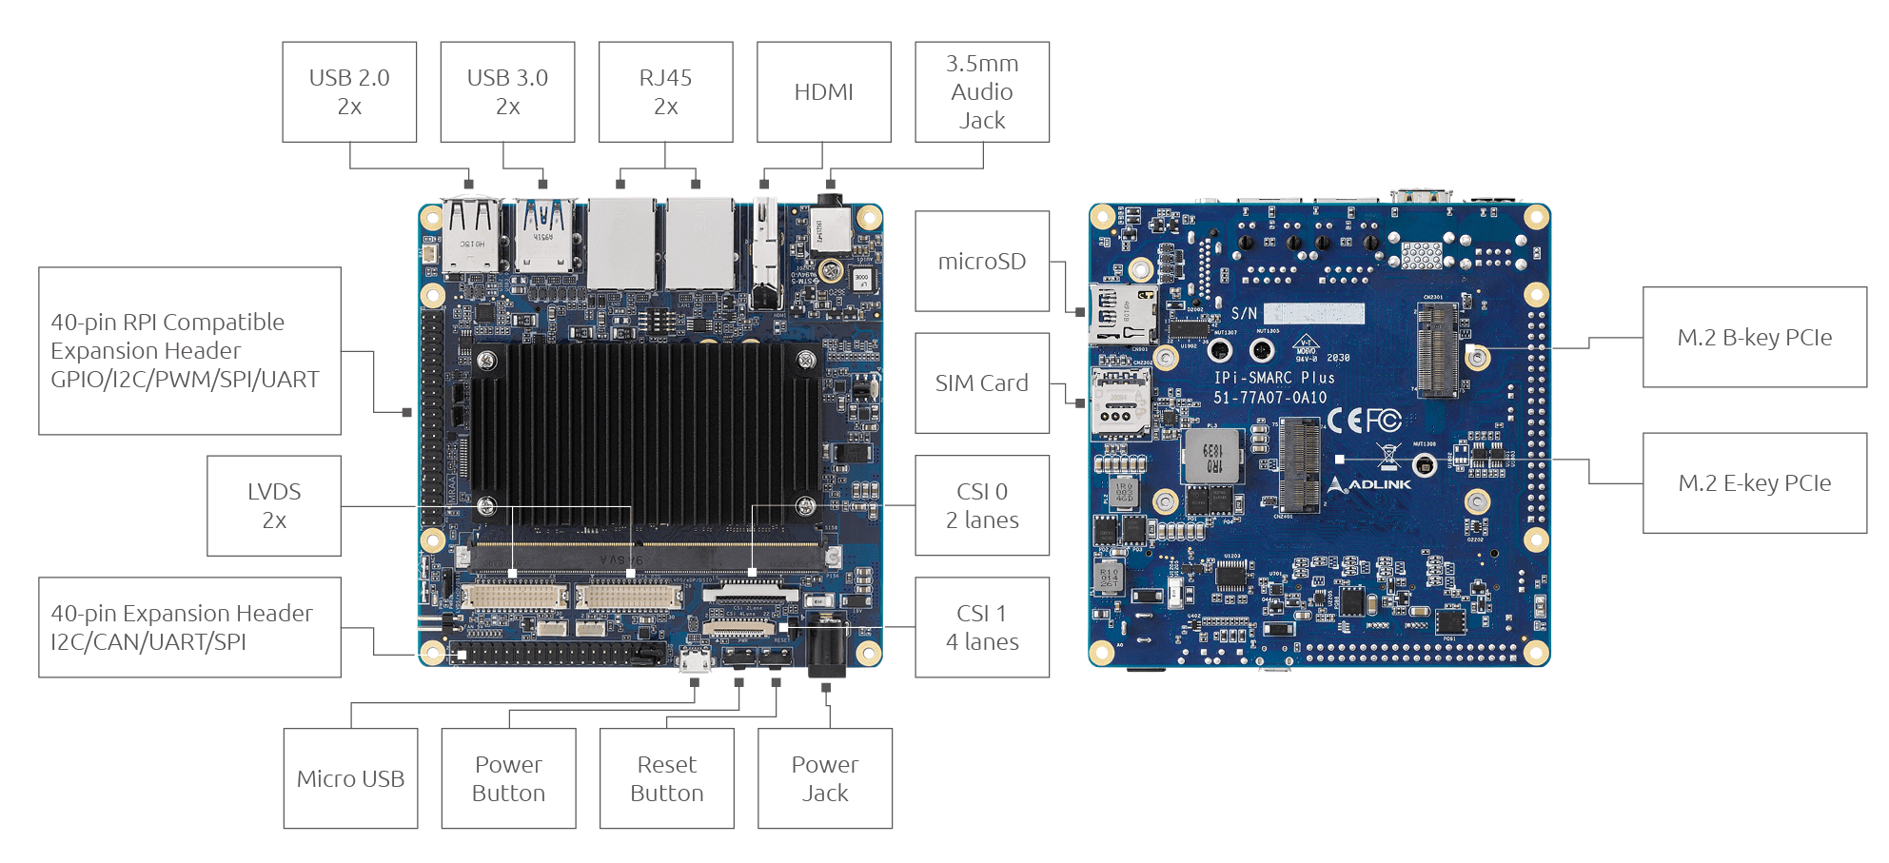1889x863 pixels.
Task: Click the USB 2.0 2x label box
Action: point(349,92)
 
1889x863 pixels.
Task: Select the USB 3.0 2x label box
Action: point(507,92)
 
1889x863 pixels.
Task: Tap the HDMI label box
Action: point(823,92)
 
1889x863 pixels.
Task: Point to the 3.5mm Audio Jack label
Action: point(981,92)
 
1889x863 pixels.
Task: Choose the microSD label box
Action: point(981,262)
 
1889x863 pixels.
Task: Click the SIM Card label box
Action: point(981,383)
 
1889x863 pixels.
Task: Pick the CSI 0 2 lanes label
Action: point(981,505)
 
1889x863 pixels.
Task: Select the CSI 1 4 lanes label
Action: point(981,627)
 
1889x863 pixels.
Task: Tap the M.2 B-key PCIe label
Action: point(1754,338)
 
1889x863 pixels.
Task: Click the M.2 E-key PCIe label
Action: point(1754,483)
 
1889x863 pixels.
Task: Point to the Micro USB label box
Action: point(350,778)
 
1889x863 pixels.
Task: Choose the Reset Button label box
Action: point(666,778)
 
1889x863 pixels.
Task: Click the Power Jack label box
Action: point(824,778)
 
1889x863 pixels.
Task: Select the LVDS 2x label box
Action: point(274,505)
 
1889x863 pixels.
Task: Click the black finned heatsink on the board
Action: point(645,433)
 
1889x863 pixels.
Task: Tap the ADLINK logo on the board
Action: point(1370,484)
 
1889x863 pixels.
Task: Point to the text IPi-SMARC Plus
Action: point(1273,378)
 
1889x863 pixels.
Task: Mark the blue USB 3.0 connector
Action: point(544,235)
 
